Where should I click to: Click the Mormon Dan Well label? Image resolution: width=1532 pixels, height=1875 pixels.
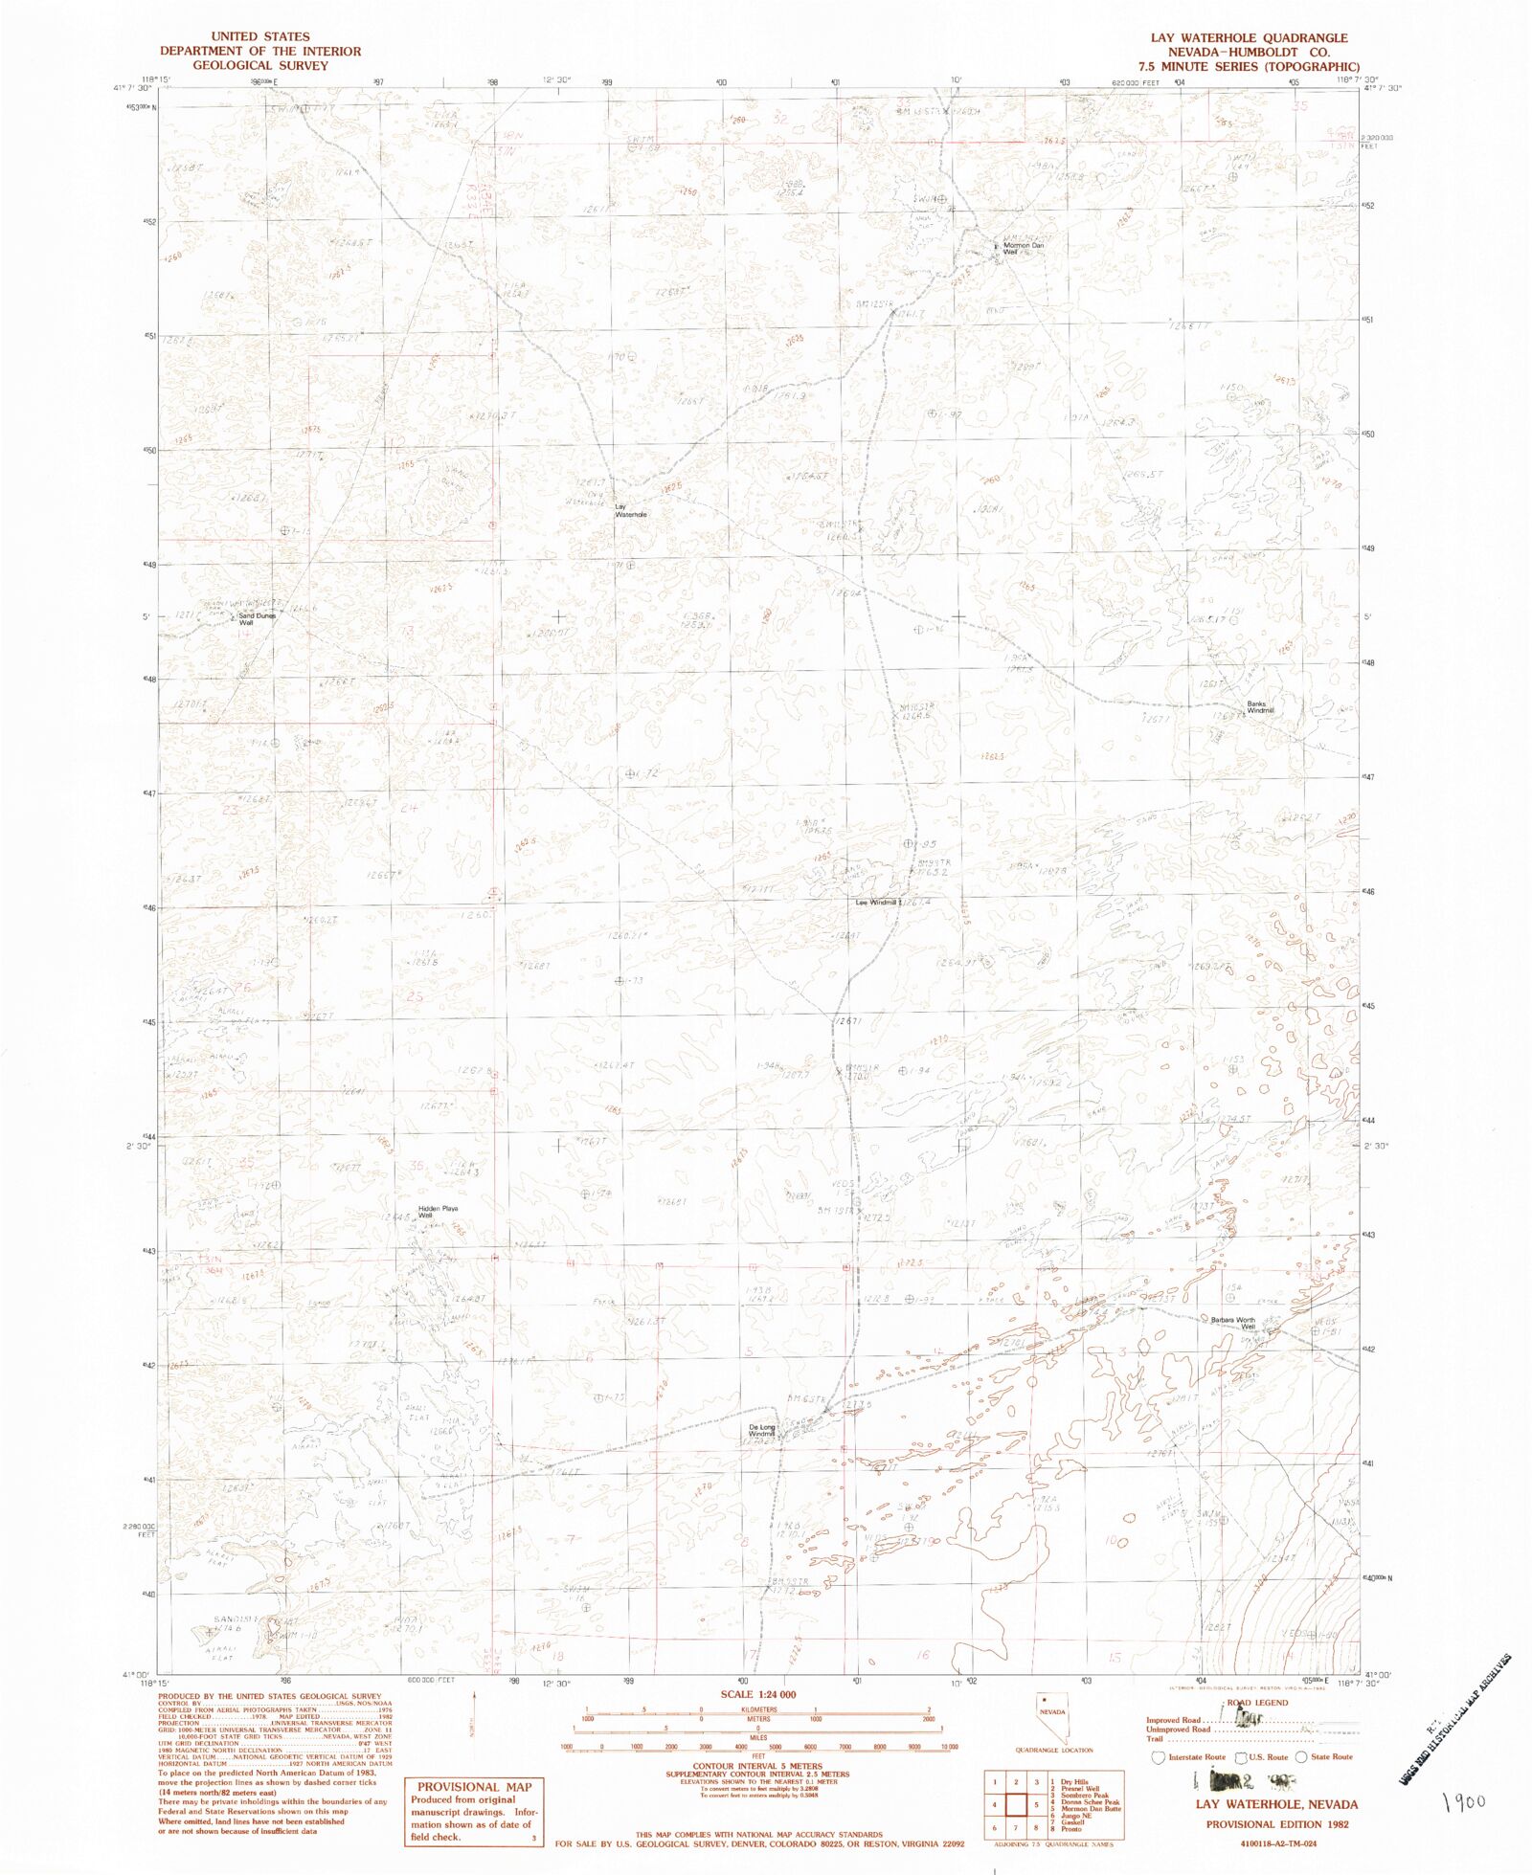pyautogui.click(x=1023, y=249)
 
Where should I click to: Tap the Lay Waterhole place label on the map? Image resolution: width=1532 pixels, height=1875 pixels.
pyautogui.click(x=630, y=511)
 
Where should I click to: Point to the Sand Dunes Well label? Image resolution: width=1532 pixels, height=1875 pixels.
pyautogui.click(x=256, y=619)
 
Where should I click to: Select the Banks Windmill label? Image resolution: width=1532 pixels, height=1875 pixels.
pyautogui.click(x=1259, y=707)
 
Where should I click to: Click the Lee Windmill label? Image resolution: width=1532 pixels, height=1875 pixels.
pyautogui.click(x=876, y=902)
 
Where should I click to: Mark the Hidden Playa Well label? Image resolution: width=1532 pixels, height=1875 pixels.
pyautogui.click(x=438, y=1211)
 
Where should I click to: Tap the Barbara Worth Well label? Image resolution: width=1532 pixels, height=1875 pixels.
pyautogui.click(x=1232, y=1323)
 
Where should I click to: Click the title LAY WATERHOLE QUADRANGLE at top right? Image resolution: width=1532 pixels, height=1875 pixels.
pyautogui.click(x=1249, y=37)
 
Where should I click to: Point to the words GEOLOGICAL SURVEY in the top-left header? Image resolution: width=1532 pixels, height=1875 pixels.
pyautogui.click(x=259, y=65)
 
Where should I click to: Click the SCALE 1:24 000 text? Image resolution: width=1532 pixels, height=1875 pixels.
pyautogui.click(x=758, y=1693)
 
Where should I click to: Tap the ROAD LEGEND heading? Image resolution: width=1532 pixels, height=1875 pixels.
pyautogui.click(x=1257, y=1703)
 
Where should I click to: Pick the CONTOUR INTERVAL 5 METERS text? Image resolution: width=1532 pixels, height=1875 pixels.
pyautogui.click(x=757, y=1766)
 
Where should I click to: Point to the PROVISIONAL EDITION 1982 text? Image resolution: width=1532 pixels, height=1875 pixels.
pyautogui.click(x=1276, y=1823)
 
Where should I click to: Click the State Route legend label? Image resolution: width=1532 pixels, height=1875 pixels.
pyautogui.click(x=1331, y=1756)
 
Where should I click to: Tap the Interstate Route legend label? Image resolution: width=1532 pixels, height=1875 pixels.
pyautogui.click(x=1196, y=1756)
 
